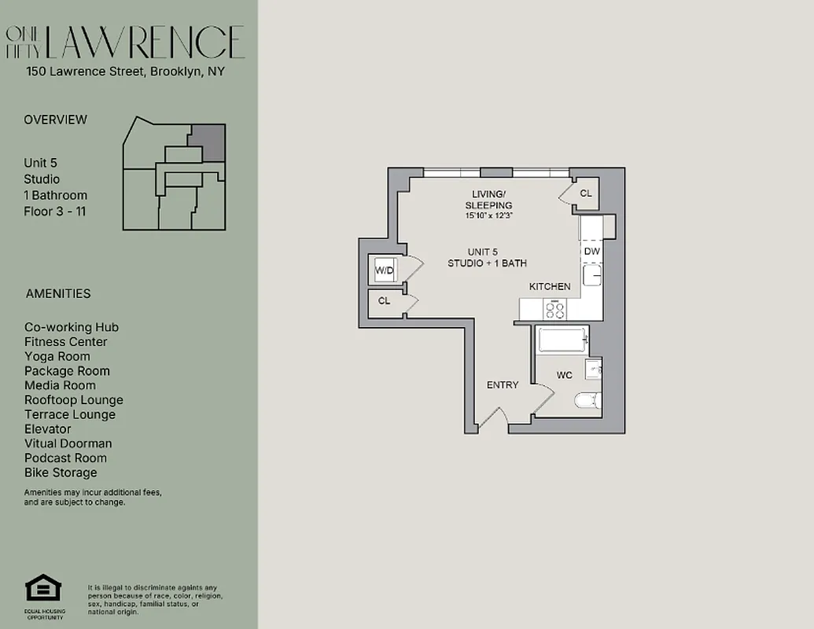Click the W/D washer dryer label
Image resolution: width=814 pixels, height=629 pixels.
pyautogui.click(x=384, y=271)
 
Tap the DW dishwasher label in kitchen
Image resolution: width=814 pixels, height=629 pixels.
pyautogui.click(x=592, y=252)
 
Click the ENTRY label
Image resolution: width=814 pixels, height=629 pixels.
pyautogui.click(x=503, y=384)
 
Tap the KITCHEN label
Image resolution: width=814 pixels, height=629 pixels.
pyautogui.click(x=550, y=287)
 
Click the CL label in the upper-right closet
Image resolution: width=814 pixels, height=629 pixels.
pyautogui.click(x=586, y=193)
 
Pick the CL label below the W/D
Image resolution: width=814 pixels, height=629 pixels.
pyautogui.click(x=384, y=301)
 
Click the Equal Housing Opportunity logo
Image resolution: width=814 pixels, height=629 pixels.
pyautogui.click(x=43, y=589)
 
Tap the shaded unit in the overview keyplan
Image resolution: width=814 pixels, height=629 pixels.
pyautogui.click(x=209, y=142)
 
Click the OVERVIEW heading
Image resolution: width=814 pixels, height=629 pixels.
pyautogui.click(x=55, y=120)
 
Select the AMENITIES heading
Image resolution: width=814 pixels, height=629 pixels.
pyautogui.click(x=58, y=294)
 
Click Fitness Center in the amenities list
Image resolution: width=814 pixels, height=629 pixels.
pyautogui.click(x=65, y=342)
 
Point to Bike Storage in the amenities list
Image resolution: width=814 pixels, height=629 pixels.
pyautogui.click(x=61, y=473)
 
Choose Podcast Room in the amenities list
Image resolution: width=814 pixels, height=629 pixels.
pyautogui.click(x=65, y=458)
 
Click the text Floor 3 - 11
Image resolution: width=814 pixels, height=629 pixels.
pyautogui.click(x=54, y=212)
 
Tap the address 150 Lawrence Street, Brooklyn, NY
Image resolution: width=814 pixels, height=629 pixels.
pyautogui.click(x=125, y=72)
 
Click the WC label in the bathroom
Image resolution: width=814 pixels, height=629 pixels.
pyautogui.click(x=565, y=375)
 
